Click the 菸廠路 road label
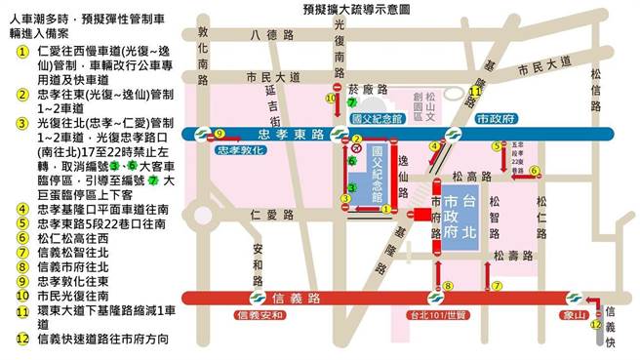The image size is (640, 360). tap(361, 88)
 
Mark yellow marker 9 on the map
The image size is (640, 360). tap(220, 134)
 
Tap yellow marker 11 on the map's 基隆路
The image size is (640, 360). tap(475, 92)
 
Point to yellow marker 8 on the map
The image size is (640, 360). tap(448, 285)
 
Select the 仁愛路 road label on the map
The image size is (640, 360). tap(264, 214)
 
